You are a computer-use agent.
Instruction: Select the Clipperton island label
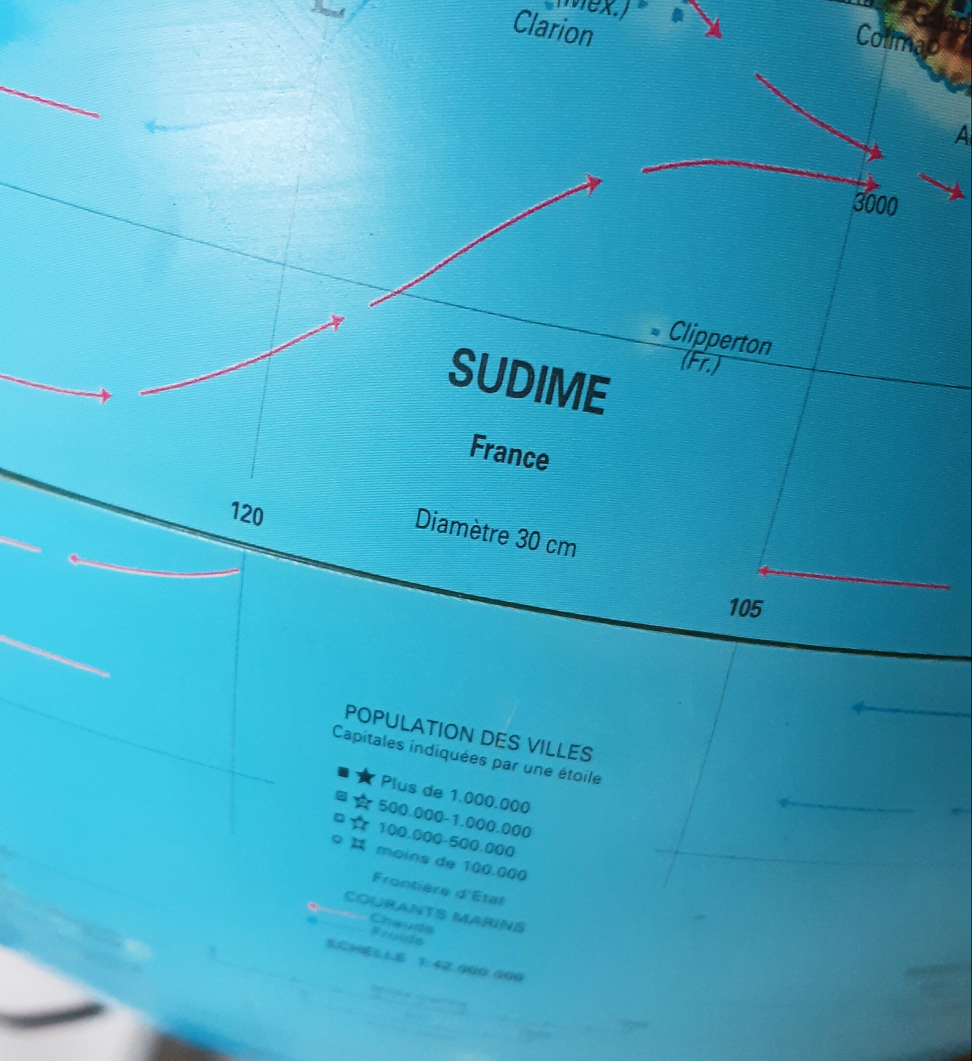[x=720, y=339]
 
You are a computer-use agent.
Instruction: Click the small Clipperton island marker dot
[x=655, y=332]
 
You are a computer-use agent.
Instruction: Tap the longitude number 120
[x=247, y=514]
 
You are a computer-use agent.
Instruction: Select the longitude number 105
[x=745, y=609]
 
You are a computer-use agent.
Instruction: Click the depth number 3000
[x=875, y=203]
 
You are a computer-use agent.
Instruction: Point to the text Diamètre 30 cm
[x=495, y=533]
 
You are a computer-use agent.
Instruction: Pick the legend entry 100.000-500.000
[x=446, y=839]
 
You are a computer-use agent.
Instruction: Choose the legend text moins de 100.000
[x=451, y=862]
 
